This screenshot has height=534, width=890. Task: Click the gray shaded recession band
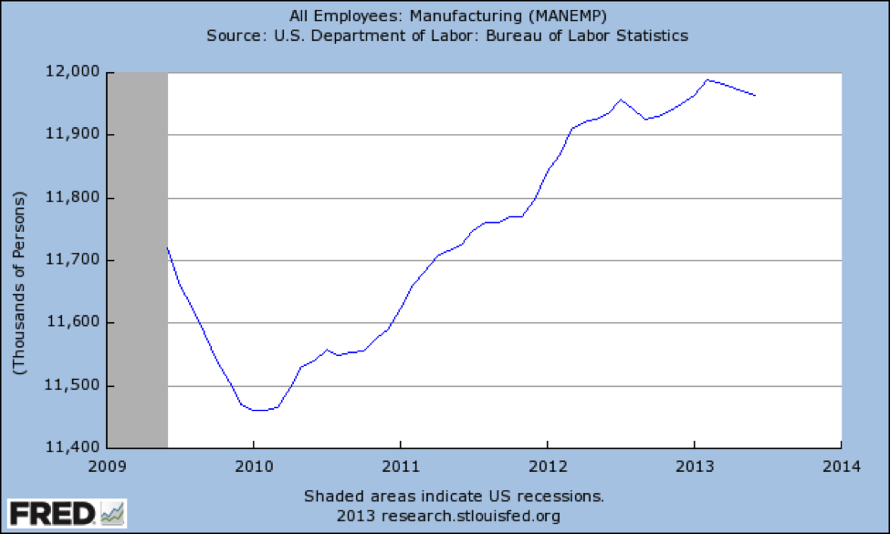click(138, 260)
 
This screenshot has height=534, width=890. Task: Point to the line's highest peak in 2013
click(708, 79)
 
